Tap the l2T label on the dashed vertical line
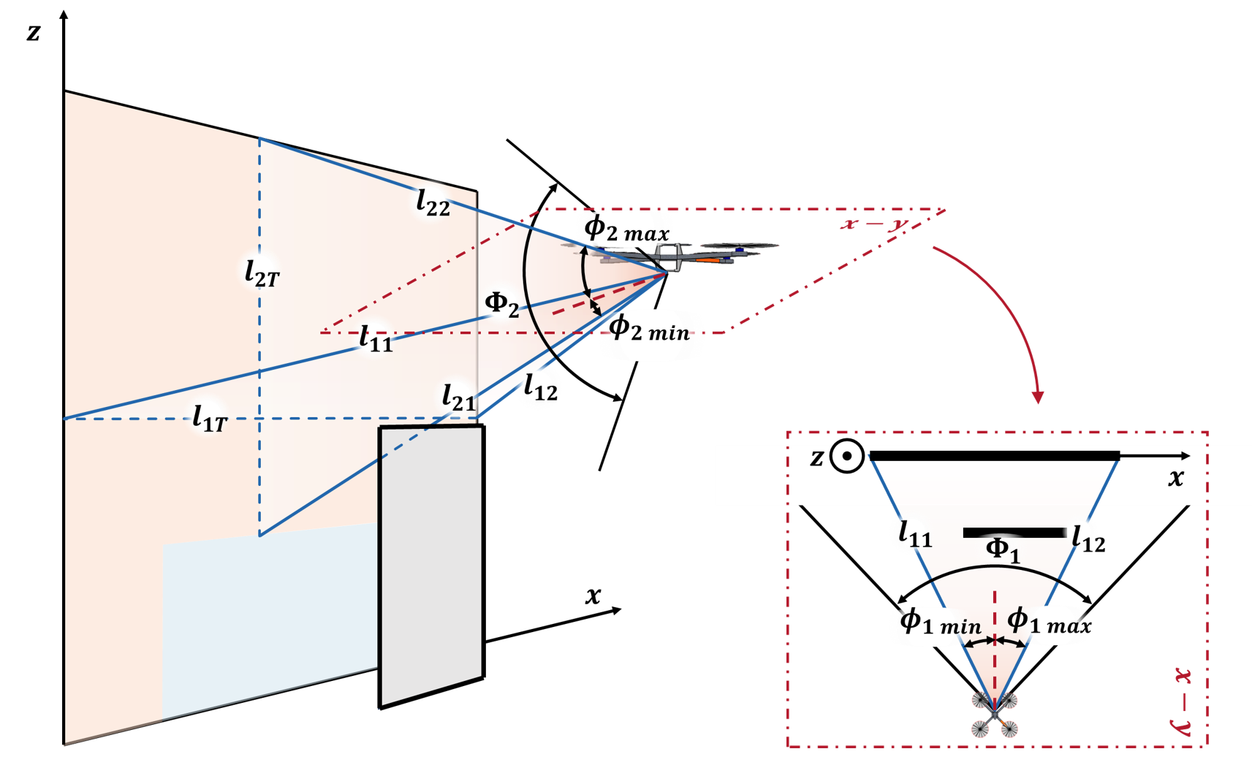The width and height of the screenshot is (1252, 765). pos(262,273)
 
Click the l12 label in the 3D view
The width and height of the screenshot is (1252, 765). pos(541,388)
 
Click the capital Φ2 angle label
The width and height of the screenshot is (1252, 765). pos(501,303)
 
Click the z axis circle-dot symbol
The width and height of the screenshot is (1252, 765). pos(847,457)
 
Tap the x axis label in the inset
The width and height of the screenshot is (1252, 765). pos(1175,478)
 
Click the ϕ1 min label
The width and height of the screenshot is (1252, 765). pos(940,623)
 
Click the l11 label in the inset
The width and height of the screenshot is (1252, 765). pos(914,534)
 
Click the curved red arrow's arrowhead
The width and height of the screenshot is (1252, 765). pos(1037,397)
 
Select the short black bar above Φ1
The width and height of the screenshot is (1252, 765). pos(1014,533)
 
